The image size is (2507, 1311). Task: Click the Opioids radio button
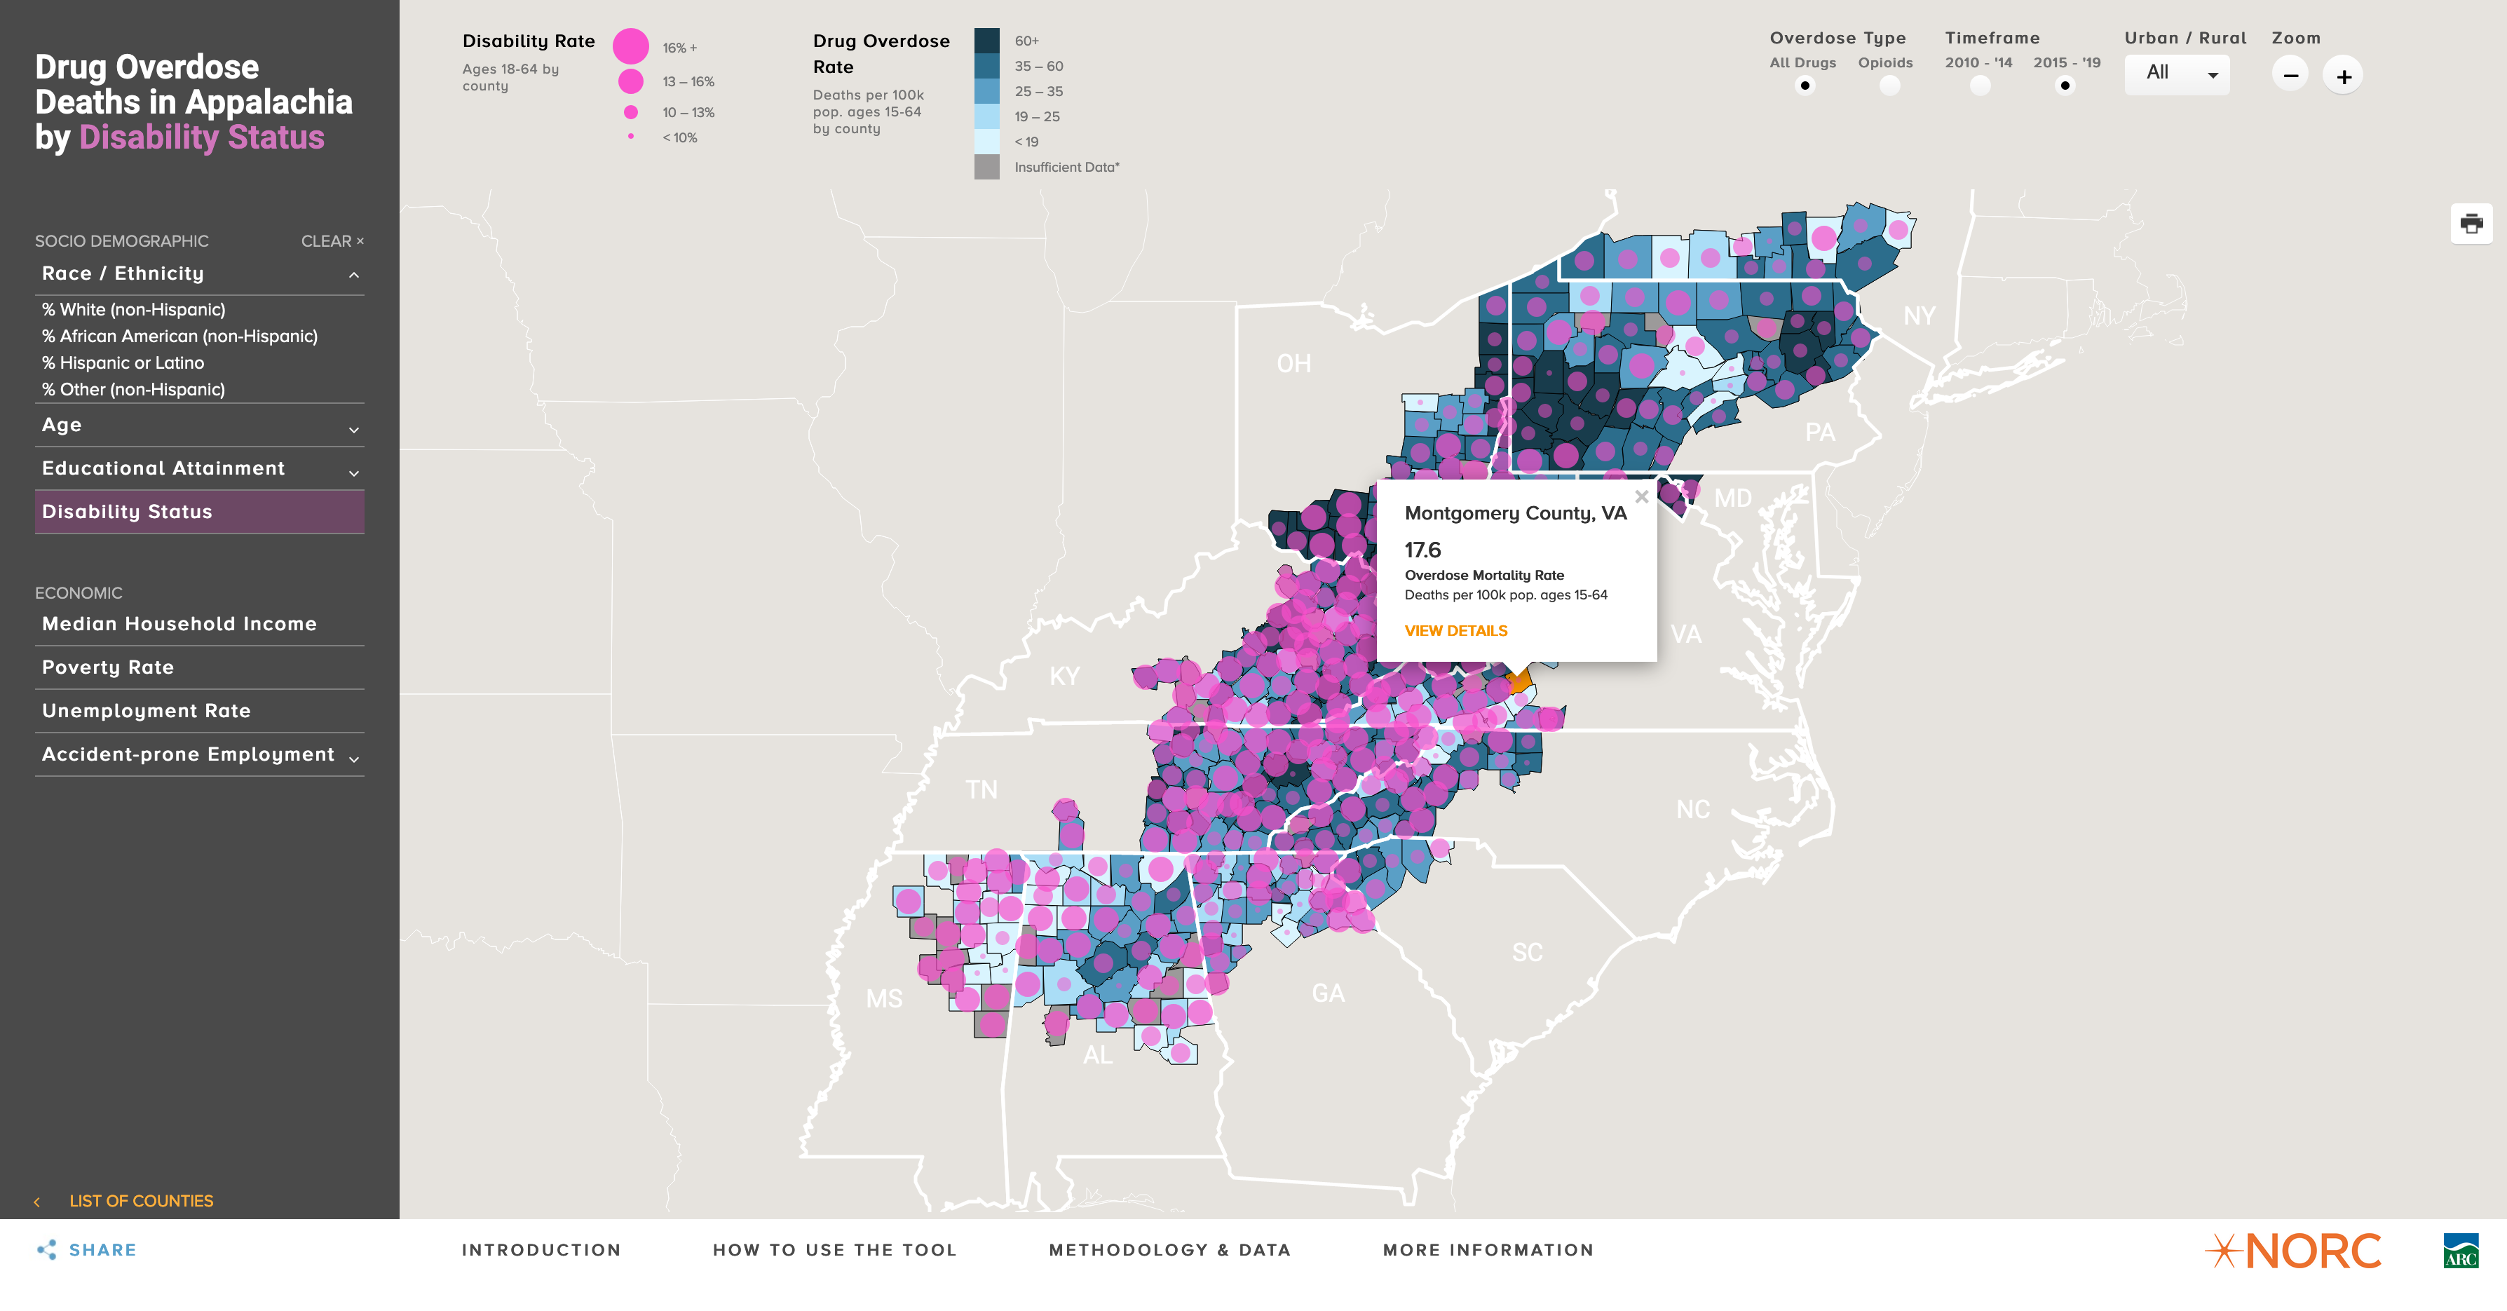click(x=1889, y=86)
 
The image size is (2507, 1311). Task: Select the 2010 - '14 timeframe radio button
click(x=1980, y=86)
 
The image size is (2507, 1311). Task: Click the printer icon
click(x=2471, y=224)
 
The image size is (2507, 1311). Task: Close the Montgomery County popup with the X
click(x=1642, y=496)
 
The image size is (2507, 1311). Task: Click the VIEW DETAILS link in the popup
click(x=1456, y=631)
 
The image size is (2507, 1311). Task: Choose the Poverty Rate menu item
click(x=108, y=667)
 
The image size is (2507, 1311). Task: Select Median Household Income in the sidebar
click(x=179, y=624)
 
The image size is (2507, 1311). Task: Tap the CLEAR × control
click(x=332, y=241)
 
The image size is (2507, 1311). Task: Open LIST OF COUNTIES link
click(x=140, y=1201)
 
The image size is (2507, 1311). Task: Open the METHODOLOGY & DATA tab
click(x=1170, y=1250)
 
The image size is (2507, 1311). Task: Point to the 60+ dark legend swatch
click(x=987, y=41)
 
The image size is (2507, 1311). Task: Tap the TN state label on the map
click(x=981, y=789)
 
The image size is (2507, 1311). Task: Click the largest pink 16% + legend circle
click(x=631, y=46)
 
